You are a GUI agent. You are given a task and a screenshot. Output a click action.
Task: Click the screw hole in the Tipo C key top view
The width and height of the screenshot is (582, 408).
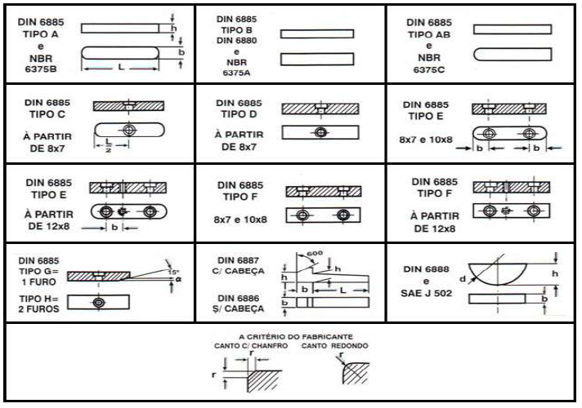128,131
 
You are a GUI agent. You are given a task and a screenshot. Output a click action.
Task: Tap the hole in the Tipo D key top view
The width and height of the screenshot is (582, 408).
320,132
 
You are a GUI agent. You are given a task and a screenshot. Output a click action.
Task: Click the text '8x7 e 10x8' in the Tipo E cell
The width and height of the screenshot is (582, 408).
423,140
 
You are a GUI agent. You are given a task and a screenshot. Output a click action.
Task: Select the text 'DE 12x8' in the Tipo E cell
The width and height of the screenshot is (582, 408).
38,225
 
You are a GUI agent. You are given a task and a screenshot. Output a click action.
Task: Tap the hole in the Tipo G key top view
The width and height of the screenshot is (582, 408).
99,303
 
